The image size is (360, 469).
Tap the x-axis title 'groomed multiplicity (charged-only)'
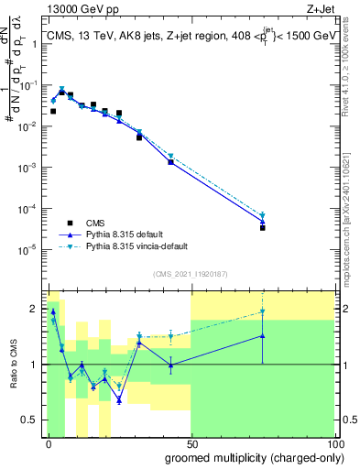tap(249, 456)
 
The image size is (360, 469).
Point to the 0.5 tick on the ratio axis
tap(32, 420)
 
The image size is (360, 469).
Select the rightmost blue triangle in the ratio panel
tap(262, 335)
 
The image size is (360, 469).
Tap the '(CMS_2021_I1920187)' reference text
tap(189, 274)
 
